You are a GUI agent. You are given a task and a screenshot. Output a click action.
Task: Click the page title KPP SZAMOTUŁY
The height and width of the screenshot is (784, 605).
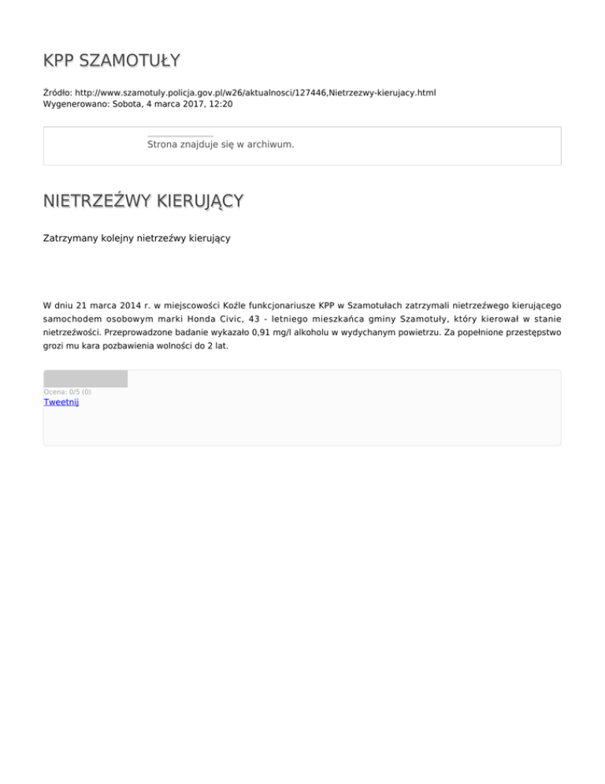111,61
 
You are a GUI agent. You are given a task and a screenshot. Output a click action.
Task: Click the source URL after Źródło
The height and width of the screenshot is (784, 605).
255,92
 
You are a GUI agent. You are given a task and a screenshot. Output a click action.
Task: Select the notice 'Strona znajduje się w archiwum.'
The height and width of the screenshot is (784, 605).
221,145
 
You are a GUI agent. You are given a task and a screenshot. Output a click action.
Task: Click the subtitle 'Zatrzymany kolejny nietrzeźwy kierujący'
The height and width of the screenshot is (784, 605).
137,237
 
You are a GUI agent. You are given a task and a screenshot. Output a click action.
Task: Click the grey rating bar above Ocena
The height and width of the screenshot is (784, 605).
85,379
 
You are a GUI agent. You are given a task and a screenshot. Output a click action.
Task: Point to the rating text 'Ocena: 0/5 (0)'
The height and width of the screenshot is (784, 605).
67,392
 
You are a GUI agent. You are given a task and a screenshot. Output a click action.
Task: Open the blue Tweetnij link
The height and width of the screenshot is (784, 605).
61,402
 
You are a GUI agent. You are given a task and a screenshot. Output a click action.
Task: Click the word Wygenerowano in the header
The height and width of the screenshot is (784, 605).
71,103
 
